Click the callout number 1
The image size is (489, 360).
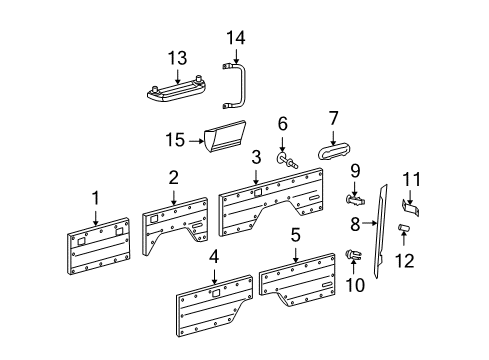coord(96,197)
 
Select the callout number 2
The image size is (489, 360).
coord(173,177)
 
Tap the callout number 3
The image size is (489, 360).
coord(257,156)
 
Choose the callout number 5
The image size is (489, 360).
coord(296,237)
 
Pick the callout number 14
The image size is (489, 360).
coord(237,38)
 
